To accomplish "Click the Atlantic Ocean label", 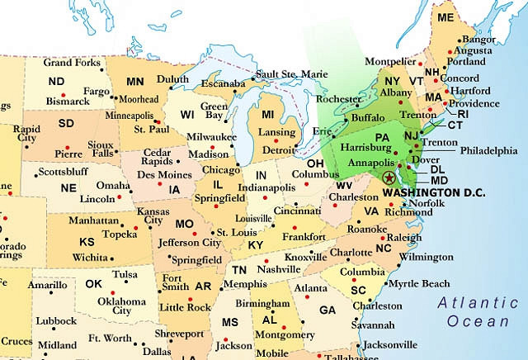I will [478, 310].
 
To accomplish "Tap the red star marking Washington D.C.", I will [389, 178].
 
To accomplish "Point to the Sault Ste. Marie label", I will [291, 74].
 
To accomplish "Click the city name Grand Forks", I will [71, 63].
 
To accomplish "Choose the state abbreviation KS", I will [86, 243].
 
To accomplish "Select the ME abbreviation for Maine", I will [445, 17].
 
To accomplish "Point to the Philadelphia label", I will [489, 151].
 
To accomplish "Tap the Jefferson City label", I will [191, 243].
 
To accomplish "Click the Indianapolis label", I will [267, 188].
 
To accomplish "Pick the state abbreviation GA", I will [328, 310].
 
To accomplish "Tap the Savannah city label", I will [372, 324].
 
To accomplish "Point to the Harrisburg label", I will [367, 147].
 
